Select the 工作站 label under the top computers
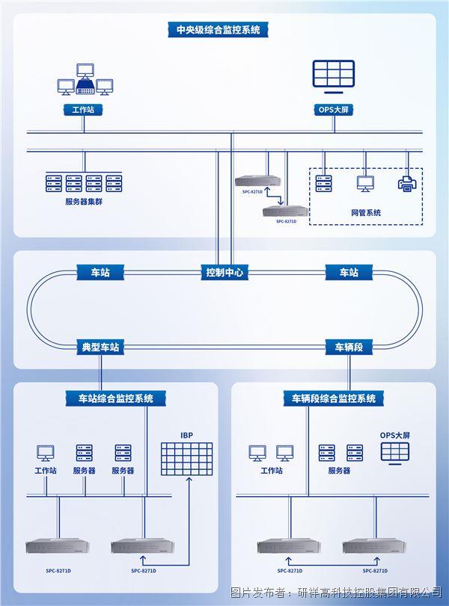click(x=82, y=110)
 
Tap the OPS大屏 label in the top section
click(x=333, y=110)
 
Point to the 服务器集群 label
click(x=84, y=202)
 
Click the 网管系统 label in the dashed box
click(x=366, y=213)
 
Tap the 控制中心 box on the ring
click(x=224, y=273)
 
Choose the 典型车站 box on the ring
click(x=101, y=347)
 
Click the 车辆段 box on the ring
click(x=349, y=347)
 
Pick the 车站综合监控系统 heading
click(x=116, y=398)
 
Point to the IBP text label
click(x=186, y=434)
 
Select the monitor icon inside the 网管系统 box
click(x=365, y=183)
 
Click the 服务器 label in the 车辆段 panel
click(x=339, y=471)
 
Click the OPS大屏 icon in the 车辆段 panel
click(x=394, y=451)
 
